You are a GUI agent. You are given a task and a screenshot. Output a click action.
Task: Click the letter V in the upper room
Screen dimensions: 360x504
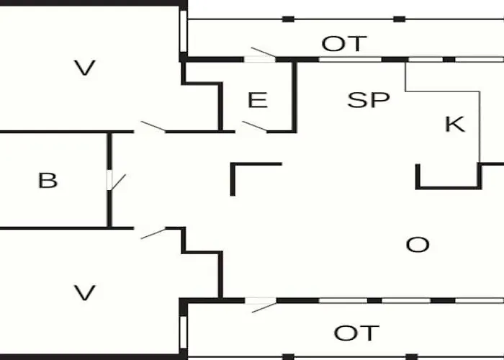(85, 68)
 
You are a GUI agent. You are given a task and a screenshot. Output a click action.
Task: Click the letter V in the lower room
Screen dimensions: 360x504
(85, 292)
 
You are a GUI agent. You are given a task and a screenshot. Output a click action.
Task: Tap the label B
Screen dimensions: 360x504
(48, 180)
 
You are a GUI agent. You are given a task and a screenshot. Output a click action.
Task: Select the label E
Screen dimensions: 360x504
(257, 100)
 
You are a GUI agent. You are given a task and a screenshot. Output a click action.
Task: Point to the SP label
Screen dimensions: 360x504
(368, 100)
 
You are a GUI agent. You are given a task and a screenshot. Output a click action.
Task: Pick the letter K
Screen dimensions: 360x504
(454, 124)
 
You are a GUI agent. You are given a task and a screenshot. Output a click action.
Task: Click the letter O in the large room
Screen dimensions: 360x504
(418, 245)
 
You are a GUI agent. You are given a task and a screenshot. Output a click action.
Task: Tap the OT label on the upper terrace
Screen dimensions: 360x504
(344, 44)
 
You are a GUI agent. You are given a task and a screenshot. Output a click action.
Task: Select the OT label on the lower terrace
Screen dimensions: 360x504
(356, 333)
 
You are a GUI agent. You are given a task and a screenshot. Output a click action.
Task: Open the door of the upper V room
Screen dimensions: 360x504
(153, 127)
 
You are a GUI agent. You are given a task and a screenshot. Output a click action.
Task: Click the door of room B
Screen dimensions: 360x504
(115, 180)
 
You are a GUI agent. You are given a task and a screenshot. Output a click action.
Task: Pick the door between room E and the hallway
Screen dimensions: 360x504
(254, 127)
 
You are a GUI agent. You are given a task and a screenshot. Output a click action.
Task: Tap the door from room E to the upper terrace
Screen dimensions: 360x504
(261, 55)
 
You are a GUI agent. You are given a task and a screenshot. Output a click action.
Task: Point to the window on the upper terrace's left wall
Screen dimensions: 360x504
(184, 32)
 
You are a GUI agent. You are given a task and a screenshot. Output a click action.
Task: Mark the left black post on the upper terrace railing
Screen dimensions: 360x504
(288, 19)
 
